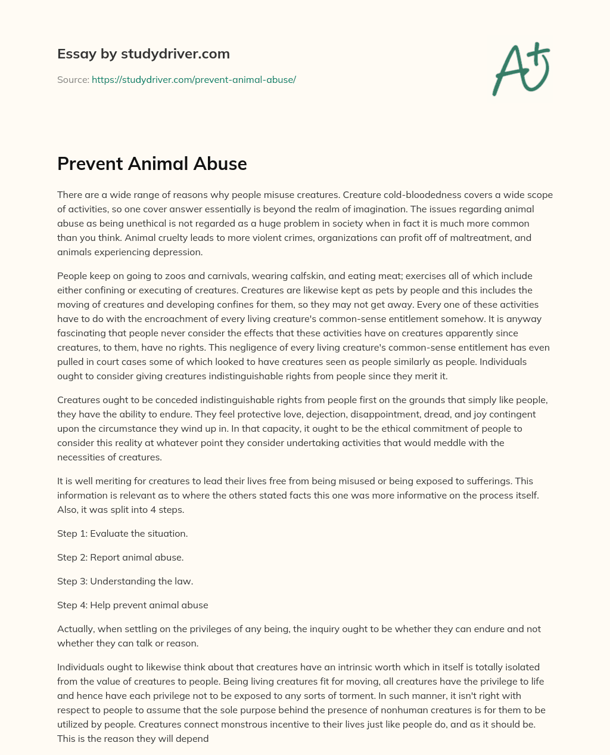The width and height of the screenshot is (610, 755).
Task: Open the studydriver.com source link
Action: [x=194, y=79]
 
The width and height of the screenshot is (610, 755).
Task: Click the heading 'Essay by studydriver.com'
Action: [x=143, y=54]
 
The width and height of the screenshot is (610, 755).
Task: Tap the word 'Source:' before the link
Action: [x=73, y=79]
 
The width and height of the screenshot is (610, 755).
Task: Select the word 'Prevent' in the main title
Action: [x=89, y=163]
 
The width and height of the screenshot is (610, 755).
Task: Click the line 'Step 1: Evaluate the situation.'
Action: [x=122, y=533]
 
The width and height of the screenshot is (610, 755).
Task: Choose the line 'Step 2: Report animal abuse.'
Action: [x=120, y=557]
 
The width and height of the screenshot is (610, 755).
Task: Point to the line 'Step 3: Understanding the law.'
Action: [x=125, y=581]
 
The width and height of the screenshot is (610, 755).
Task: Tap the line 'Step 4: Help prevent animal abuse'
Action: [x=132, y=605]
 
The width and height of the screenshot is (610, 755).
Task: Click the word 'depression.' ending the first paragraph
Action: [x=180, y=252]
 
